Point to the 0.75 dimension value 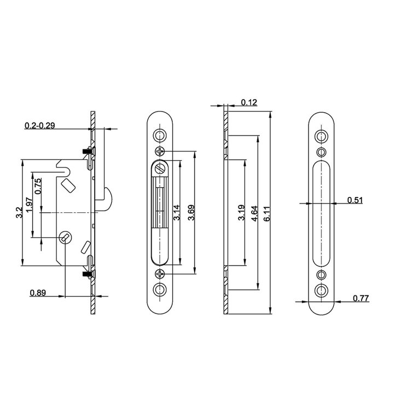pyautogui.click(x=38, y=187)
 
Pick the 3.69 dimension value pyautogui.click(x=191, y=212)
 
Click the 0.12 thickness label pyautogui.click(x=248, y=102)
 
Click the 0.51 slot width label pyautogui.click(x=355, y=200)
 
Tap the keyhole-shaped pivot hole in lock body pyautogui.click(x=63, y=237)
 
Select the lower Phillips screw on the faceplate pyautogui.click(x=160, y=273)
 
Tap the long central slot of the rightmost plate pyautogui.click(x=322, y=213)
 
